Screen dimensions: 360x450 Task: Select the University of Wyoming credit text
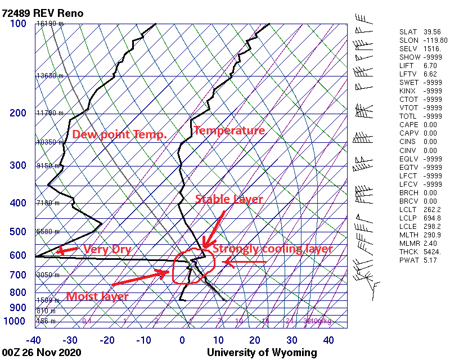(262, 352)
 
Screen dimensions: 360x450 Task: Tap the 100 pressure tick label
(18, 24)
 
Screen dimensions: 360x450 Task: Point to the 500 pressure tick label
(18, 232)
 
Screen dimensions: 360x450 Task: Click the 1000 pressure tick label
(15, 321)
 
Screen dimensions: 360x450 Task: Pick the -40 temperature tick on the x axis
(34, 340)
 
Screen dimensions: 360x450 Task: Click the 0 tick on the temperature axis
(182, 340)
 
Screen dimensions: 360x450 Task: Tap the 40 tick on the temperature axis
(328, 340)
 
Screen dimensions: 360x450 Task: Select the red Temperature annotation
(229, 130)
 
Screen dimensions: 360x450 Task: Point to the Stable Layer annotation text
(229, 199)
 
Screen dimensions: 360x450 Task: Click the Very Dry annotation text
(107, 249)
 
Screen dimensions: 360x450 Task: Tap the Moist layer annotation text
(97, 296)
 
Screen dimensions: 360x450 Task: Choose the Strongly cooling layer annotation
(273, 249)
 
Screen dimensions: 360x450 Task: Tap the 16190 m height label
(50, 24)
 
